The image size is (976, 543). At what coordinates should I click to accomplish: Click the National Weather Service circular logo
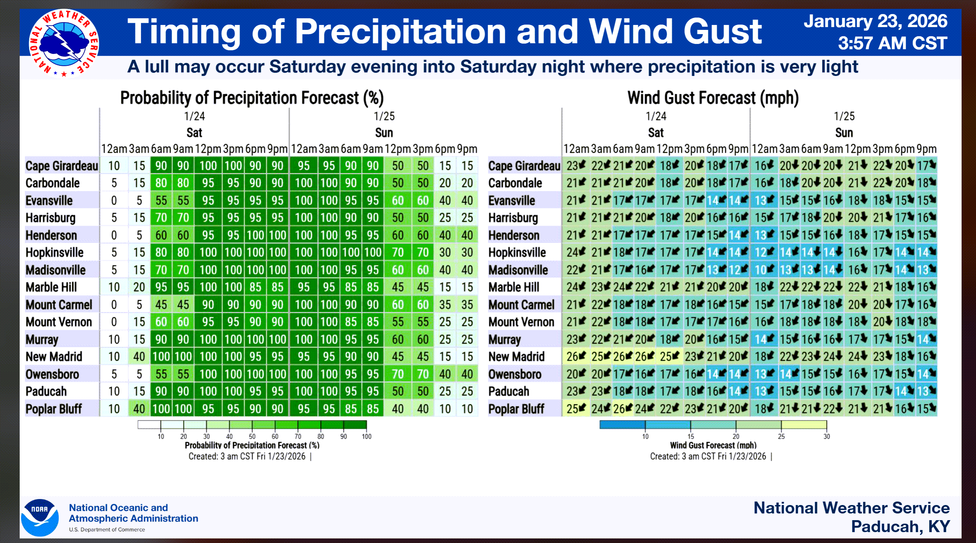(x=64, y=43)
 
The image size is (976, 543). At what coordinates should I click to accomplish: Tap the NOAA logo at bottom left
(x=40, y=518)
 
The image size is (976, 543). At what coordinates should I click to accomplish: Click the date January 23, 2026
(x=875, y=21)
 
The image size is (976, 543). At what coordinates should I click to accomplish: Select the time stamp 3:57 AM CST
(x=892, y=43)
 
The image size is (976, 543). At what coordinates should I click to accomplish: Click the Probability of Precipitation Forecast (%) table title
(x=252, y=98)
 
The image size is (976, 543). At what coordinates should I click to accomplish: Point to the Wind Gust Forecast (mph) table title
(x=713, y=98)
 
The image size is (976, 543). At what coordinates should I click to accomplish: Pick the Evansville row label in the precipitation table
(x=49, y=200)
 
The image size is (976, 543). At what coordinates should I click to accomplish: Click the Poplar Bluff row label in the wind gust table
(x=516, y=409)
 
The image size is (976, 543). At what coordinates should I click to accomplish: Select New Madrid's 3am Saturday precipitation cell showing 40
(x=139, y=357)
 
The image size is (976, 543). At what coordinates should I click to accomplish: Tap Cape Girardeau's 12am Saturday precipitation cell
(x=114, y=166)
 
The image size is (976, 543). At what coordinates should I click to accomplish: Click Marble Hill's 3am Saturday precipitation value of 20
(x=139, y=287)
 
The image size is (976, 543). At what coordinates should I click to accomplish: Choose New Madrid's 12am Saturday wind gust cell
(x=576, y=357)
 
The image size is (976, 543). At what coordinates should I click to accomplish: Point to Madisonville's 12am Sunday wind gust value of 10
(x=764, y=270)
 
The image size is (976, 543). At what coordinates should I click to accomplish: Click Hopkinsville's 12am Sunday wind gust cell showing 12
(x=764, y=253)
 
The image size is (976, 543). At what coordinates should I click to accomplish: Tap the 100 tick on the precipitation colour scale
(x=366, y=437)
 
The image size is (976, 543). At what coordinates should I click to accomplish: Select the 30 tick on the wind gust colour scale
(x=826, y=437)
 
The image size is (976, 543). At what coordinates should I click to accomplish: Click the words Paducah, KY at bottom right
(x=900, y=527)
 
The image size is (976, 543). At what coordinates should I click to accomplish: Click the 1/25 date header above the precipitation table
(x=384, y=116)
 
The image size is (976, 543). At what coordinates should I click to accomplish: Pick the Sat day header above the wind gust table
(x=655, y=133)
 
